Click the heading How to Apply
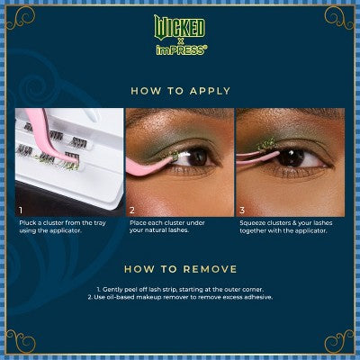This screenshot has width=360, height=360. pyautogui.click(x=180, y=91)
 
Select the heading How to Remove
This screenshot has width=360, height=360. pyautogui.click(x=180, y=267)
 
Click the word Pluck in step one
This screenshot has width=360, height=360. pyautogui.click(x=26, y=220)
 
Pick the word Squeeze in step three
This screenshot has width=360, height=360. pyautogui.click(x=253, y=220)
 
